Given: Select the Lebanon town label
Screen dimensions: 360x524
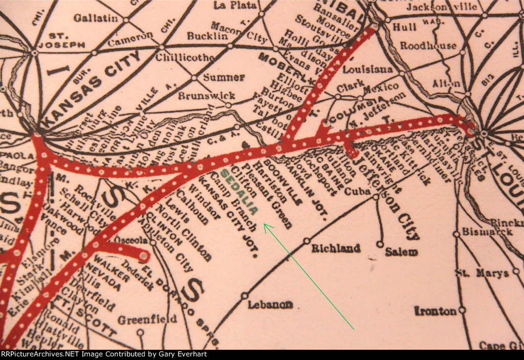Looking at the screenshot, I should [x=271, y=305].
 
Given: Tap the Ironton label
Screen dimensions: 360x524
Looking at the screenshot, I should [x=435, y=311].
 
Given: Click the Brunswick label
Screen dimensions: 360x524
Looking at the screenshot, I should [x=207, y=96].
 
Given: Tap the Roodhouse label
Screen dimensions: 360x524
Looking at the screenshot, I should [x=428, y=46].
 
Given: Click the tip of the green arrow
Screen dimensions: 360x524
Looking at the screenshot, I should [x=264, y=224].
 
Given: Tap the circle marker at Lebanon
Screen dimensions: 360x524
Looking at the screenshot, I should [x=245, y=295].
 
